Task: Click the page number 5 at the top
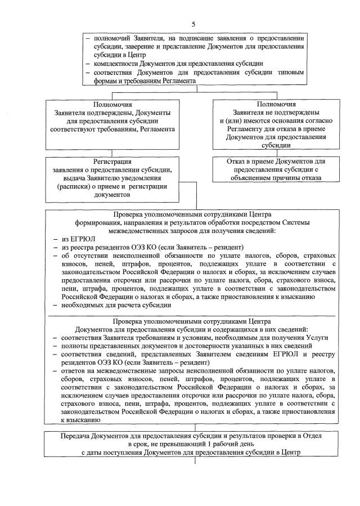(x=193, y=24)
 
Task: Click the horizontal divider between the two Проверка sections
(x=195, y=315)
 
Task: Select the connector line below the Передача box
(x=195, y=460)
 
